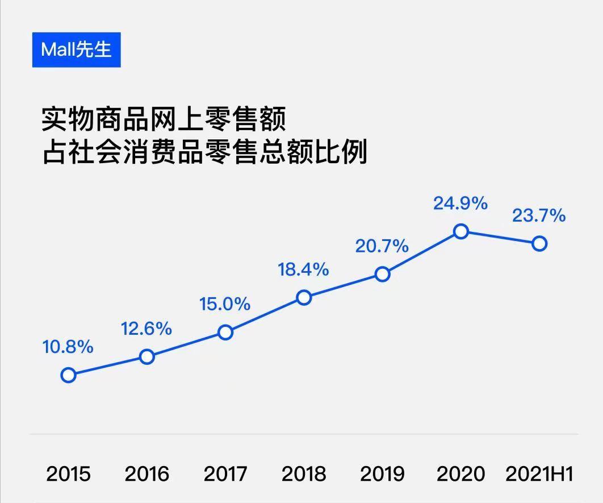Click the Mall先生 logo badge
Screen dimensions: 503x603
click(76, 49)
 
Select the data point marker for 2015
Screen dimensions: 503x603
click(68, 375)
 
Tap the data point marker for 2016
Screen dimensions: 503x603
click(146, 357)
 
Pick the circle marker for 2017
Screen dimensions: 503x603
click(225, 332)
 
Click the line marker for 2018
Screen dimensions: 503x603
click(304, 297)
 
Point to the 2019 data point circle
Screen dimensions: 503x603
click(383, 275)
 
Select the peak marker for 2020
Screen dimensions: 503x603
click(461, 231)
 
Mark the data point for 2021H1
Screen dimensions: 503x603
click(539, 244)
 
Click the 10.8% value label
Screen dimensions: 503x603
click(68, 347)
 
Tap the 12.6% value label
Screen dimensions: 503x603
click(146, 329)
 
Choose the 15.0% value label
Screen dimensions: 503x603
click(225, 304)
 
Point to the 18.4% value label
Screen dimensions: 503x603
click(303, 269)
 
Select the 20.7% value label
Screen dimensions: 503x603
click(382, 246)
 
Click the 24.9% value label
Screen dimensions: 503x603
click(460, 203)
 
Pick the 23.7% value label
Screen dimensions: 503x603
click(539, 216)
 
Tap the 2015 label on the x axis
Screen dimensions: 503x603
click(68, 474)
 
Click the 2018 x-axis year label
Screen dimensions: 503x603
click(304, 474)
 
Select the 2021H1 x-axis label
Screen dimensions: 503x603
click(539, 474)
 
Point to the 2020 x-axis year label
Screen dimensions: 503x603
click(460, 474)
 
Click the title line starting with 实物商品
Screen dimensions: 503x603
click(164, 120)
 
